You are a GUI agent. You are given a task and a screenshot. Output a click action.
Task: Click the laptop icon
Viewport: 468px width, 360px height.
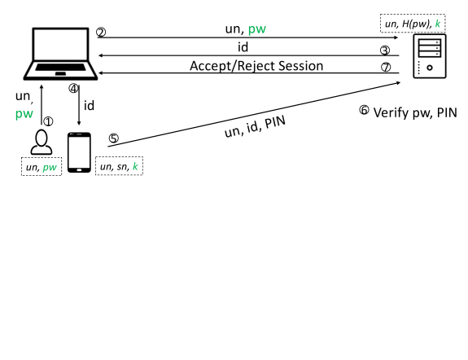[x=60, y=54]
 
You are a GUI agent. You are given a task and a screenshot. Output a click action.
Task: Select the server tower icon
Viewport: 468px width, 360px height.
[x=430, y=56]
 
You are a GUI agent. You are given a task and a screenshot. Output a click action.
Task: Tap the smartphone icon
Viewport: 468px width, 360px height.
[x=79, y=152]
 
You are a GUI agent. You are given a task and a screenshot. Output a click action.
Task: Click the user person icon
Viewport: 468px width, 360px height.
[x=42, y=143]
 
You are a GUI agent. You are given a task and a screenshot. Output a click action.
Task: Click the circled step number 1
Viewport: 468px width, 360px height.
[x=48, y=121]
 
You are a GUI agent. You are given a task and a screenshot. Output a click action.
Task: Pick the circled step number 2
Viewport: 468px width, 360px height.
[x=101, y=33]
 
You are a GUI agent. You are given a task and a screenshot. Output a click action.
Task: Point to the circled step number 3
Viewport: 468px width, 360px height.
[x=385, y=50]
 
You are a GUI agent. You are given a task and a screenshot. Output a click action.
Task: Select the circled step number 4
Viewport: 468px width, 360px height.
[x=73, y=89]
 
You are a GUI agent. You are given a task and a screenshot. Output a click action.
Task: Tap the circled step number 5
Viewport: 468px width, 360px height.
[x=113, y=138]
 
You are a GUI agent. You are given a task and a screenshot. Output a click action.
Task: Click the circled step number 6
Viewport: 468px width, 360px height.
[x=364, y=110]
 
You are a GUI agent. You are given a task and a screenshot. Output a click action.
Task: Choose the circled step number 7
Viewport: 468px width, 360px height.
[x=386, y=68]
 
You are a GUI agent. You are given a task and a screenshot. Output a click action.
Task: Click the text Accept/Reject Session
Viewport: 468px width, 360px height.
[x=256, y=66]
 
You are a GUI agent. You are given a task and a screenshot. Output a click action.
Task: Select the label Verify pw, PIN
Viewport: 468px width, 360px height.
[x=415, y=113]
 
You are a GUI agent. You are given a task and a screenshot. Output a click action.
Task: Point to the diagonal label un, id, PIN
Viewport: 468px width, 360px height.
[x=255, y=127]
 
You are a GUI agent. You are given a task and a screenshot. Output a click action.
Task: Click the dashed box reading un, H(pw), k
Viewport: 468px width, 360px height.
[x=413, y=23]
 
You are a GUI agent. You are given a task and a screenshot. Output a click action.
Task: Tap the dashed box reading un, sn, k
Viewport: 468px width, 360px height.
[x=119, y=166]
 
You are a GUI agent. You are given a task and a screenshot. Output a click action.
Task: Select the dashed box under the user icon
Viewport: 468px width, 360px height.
[x=42, y=167]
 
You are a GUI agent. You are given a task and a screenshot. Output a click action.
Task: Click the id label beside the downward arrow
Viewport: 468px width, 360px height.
[x=89, y=105]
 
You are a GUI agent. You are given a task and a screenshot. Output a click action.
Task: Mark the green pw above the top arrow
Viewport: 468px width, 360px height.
[x=257, y=29]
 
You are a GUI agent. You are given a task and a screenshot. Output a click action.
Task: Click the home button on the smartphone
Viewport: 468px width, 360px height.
[x=79, y=170]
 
